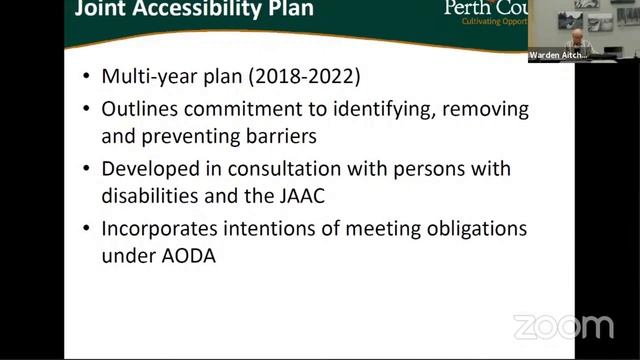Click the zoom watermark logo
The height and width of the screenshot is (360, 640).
click(x=563, y=326)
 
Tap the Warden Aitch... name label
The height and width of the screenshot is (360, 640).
click(x=558, y=55)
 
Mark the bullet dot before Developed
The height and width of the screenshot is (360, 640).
click(x=88, y=169)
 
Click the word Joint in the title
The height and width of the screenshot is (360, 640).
click(x=100, y=9)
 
